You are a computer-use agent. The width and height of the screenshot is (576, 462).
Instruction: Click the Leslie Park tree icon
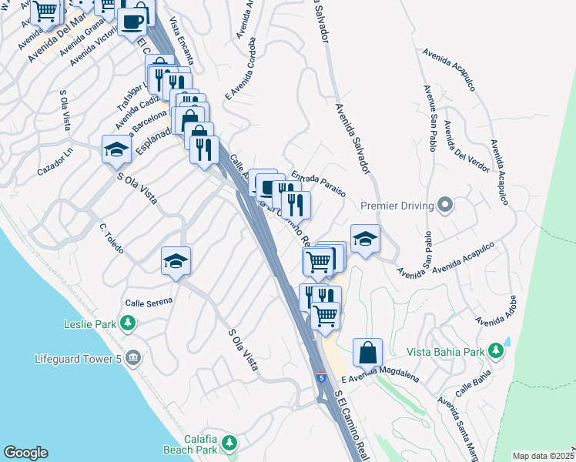130,324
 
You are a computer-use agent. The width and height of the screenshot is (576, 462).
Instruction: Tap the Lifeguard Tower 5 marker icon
133,358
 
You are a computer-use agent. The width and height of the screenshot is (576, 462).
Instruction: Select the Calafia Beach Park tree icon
229,442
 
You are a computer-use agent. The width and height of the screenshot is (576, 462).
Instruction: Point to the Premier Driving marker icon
444,205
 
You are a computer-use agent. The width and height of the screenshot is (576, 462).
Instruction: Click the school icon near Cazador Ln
116,149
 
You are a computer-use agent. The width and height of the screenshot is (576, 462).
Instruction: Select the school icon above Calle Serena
176,260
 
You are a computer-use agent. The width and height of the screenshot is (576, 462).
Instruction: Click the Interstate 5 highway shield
320,378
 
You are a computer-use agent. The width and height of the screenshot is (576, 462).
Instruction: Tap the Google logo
25,453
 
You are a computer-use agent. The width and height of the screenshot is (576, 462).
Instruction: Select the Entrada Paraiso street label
318,184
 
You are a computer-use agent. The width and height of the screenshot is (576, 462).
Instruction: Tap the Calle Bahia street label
473,382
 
